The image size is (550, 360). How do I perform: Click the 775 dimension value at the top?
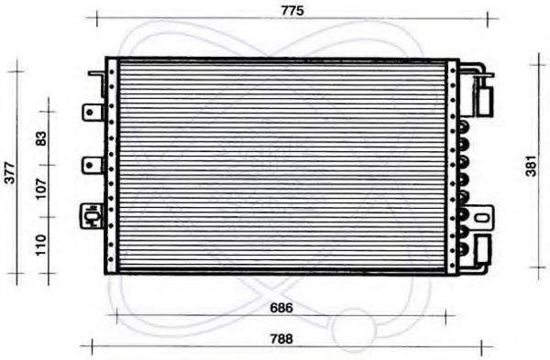click(292, 11)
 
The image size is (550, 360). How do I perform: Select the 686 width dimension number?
click(281, 308)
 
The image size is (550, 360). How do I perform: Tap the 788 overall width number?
click(281, 339)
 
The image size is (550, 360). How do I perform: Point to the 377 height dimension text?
click(9, 173)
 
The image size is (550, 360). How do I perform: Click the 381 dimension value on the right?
click(532, 166)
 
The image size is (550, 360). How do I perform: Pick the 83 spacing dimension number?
click(41, 138)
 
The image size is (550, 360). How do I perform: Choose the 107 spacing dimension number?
click(41, 188)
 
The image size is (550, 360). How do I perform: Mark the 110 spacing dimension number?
click(41, 245)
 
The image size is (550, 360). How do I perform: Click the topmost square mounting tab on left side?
click(93, 113)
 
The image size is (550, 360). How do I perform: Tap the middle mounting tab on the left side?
click(93, 166)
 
